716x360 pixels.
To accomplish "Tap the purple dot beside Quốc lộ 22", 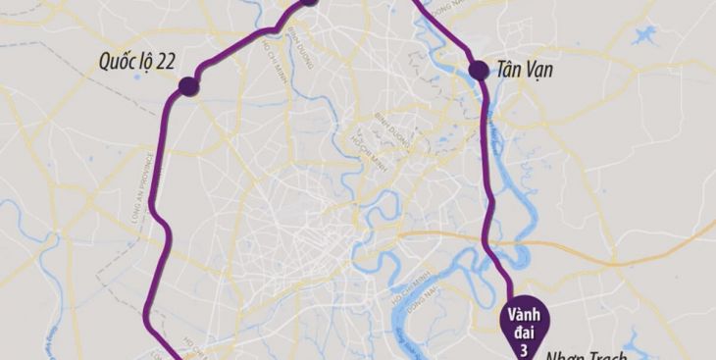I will [188, 87].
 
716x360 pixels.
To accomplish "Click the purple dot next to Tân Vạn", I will [479, 70].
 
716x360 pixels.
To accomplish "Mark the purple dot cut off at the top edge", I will [308, 2].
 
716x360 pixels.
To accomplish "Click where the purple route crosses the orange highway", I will [489, 234].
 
